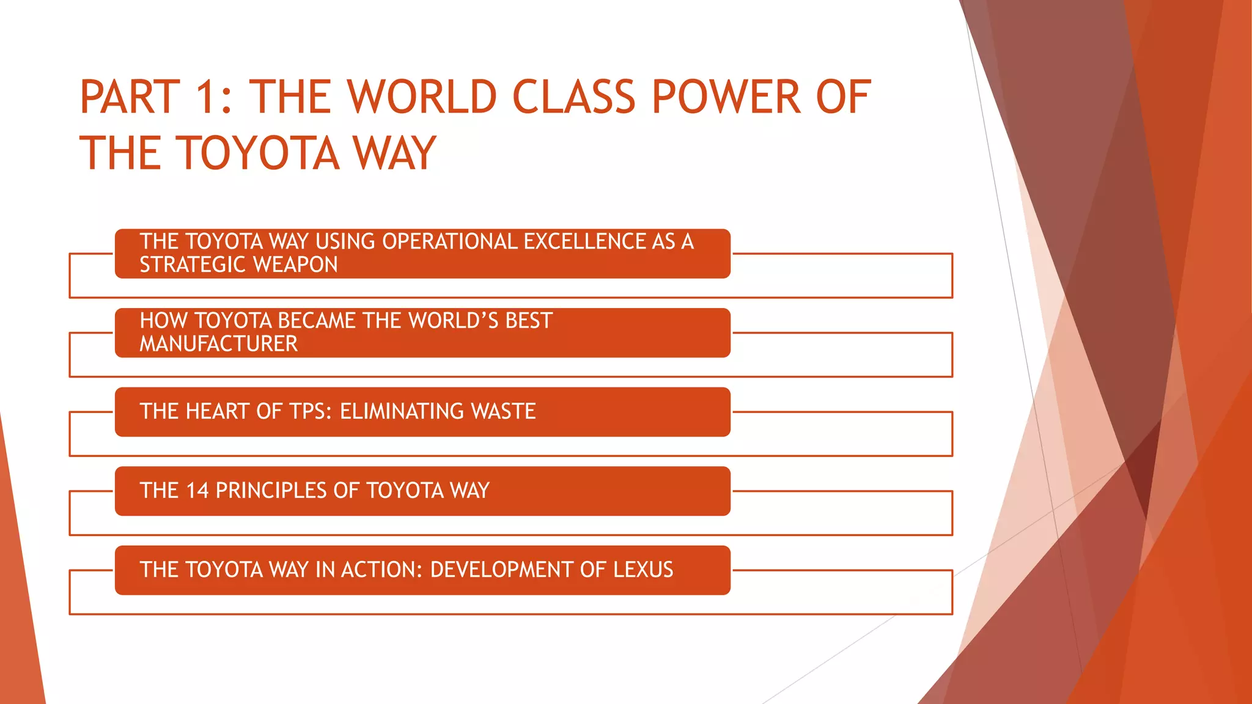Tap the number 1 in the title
click(205, 97)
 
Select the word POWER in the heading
click(726, 97)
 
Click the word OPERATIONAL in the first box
click(449, 241)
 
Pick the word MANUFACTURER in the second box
click(218, 344)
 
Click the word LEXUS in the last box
click(643, 570)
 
